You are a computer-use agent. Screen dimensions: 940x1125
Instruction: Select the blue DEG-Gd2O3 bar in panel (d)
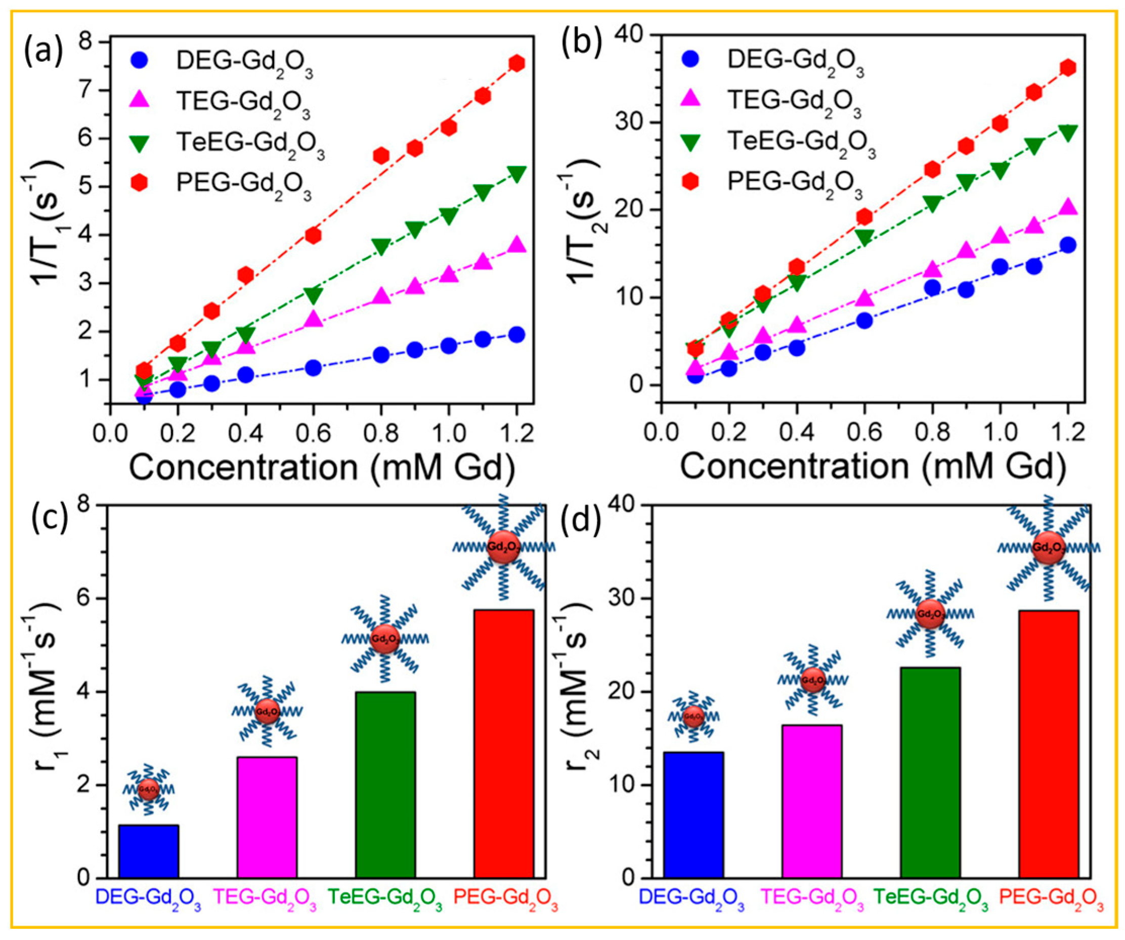[x=693, y=814]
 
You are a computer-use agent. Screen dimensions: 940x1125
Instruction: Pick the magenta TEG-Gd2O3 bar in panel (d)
[x=811, y=801]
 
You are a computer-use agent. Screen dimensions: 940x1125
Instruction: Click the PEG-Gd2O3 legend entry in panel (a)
[x=244, y=184]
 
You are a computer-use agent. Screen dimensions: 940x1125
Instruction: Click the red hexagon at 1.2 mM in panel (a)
[x=516, y=63]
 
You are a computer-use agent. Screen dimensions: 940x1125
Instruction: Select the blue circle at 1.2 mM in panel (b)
[x=1068, y=245]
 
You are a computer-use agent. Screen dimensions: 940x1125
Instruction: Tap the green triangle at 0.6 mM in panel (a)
[x=314, y=295]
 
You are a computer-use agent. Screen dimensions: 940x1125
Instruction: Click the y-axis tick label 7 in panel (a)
[x=93, y=90]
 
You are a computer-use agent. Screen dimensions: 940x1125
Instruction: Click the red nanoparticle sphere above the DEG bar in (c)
[x=148, y=789]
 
